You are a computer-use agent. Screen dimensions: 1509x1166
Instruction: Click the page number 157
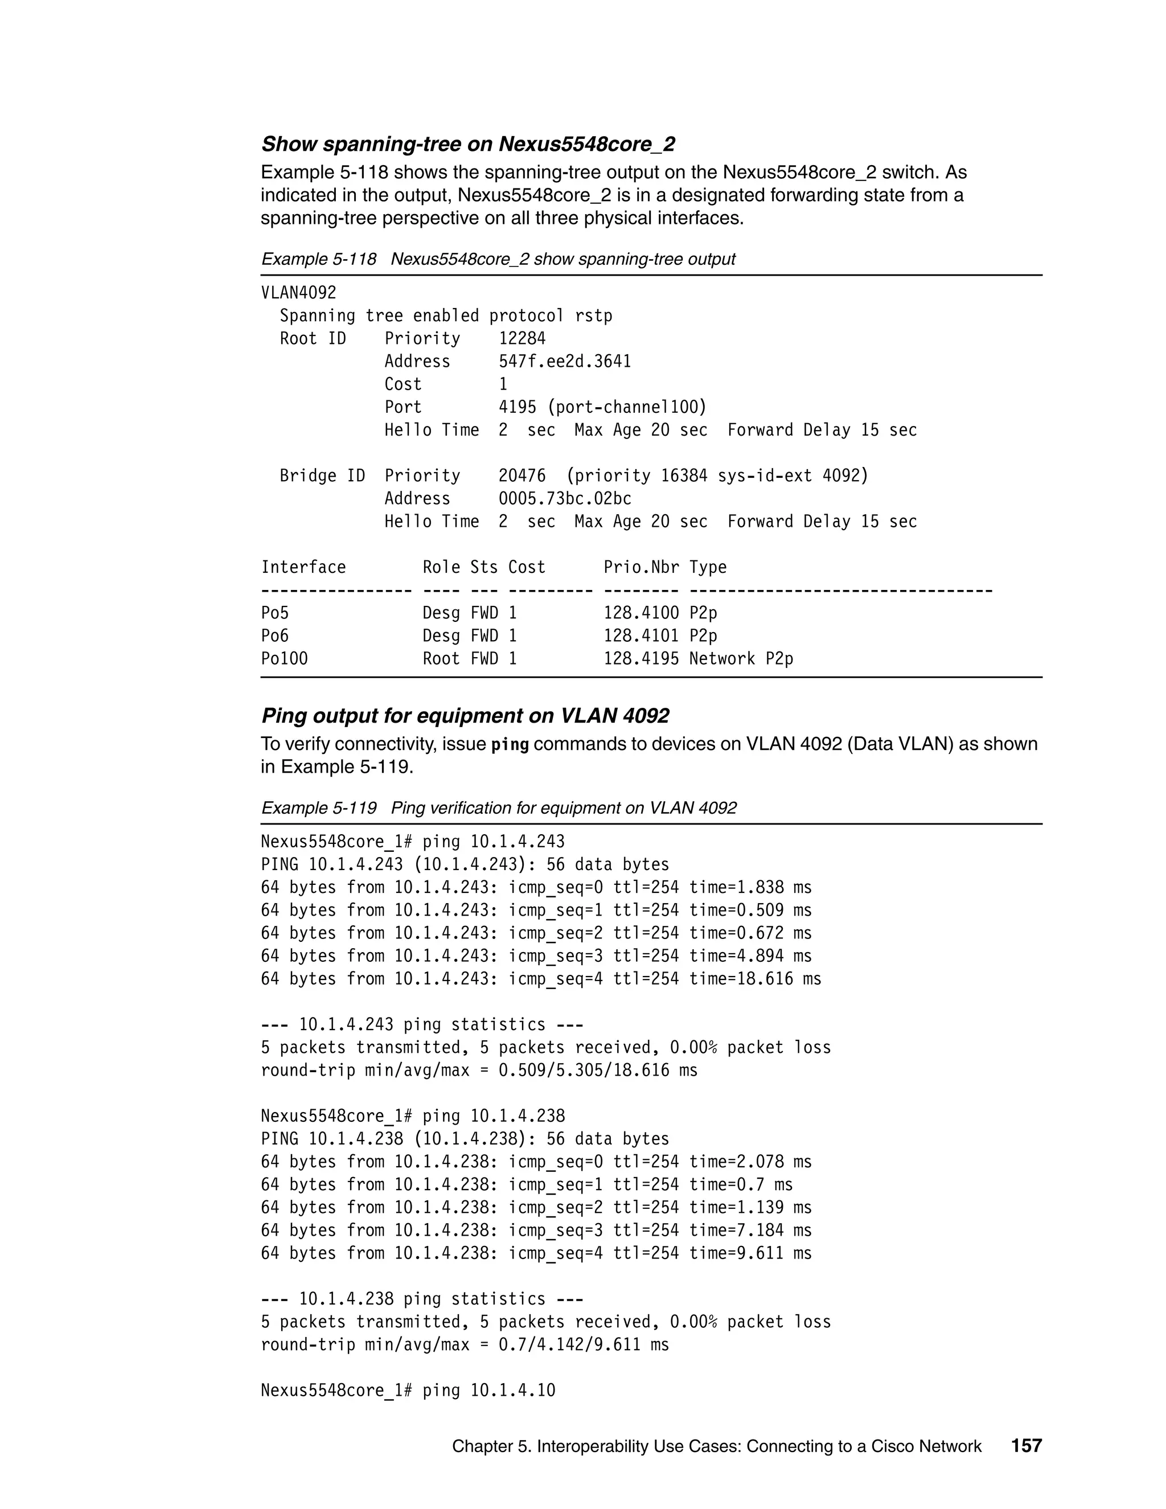coord(1026,1445)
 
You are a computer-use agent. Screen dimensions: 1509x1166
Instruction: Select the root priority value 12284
coord(522,339)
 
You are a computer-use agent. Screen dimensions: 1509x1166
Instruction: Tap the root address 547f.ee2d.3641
coord(564,362)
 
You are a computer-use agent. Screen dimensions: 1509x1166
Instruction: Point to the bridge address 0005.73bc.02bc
coord(564,499)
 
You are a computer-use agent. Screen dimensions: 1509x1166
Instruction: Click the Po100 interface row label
coord(284,658)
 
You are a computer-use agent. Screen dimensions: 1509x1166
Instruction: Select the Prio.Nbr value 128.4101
coord(641,635)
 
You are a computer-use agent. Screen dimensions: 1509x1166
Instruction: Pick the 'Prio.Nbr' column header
coord(641,567)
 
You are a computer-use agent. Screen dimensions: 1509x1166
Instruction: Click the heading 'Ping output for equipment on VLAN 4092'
coord(465,716)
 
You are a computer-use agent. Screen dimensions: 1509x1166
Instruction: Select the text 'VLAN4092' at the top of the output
coord(298,293)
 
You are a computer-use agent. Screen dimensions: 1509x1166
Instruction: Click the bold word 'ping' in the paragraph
coord(510,745)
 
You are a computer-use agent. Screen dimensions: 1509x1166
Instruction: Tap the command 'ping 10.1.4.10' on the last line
coord(488,1390)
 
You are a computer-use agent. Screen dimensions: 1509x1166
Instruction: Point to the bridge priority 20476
coord(522,476)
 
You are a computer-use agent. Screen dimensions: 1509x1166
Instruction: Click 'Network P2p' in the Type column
coord(741,658)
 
